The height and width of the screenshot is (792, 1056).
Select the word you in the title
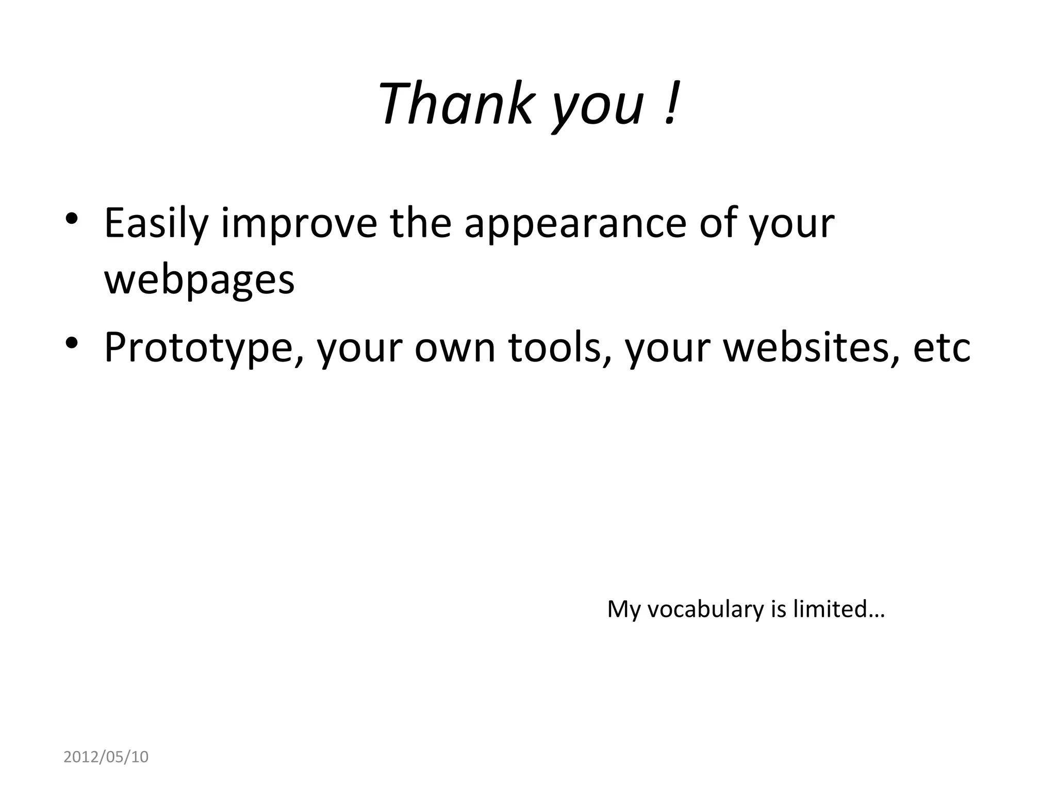598,108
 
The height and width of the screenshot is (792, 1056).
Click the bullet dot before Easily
72,219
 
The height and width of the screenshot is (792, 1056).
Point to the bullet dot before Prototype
72,342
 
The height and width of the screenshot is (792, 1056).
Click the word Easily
156,224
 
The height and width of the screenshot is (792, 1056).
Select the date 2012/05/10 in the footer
106,757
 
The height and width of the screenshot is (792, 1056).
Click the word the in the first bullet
420,223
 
